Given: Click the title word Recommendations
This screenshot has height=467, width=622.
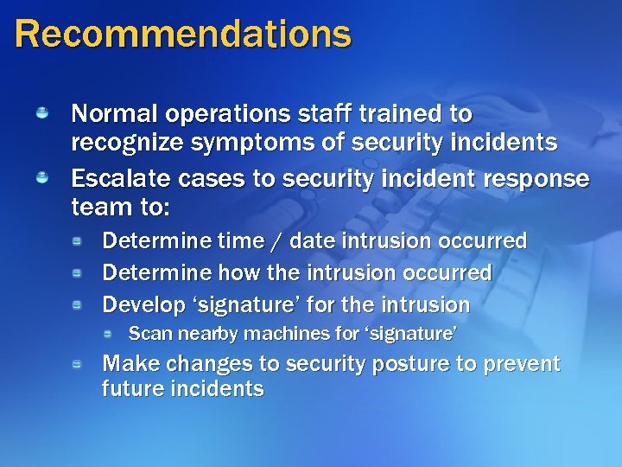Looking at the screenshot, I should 183,34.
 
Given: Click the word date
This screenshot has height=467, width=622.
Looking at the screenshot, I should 314,240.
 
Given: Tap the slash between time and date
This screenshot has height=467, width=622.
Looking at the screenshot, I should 278,241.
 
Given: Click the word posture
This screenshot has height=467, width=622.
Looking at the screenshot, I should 411,364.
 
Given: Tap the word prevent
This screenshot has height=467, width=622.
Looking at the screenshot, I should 521,364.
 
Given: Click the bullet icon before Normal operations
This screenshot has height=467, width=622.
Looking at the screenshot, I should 41,112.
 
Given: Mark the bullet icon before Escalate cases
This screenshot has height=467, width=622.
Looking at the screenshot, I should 41,177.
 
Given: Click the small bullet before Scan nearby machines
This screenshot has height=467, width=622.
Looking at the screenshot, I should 109,333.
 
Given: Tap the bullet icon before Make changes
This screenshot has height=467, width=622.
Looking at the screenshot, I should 77,363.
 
